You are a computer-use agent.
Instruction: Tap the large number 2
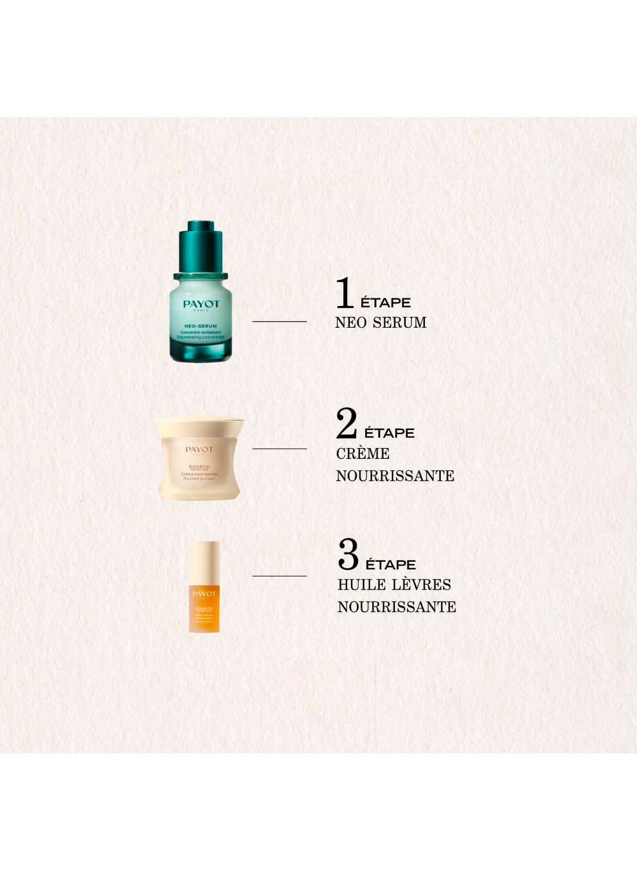pyautogui.click(x=347, y=423)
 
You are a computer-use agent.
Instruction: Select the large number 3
pyautogui.click(x=348, y=554)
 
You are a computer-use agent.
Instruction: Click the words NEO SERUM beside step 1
pyautogui.click(x=380, y=323)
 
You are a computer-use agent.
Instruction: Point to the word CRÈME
pyautogui.click(x=362, y=453)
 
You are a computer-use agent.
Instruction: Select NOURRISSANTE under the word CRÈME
pyautogui.click(x=395, y=476)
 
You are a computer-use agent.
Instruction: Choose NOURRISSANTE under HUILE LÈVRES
pyautogui.click(x=397, y=607)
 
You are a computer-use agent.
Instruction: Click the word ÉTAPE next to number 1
pyautogui.click(x=386, y=303)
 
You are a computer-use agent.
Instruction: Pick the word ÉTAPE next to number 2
pyautogui.click(x=389, y=433)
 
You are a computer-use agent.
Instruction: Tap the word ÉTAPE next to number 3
pyautogui.click(x=391, y=565)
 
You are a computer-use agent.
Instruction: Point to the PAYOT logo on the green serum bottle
pyautogui.click(x=201, y=304)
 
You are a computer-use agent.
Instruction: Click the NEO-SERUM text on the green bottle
pyautogui.click(x=200, y=326)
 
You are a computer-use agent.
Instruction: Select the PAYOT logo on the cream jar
pyautogui.click(x=199, y=449)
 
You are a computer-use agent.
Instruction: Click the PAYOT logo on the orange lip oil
pyautogui.click(x=204, y=593)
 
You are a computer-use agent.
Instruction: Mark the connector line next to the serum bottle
pyautogui.click(x=280, y=322)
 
